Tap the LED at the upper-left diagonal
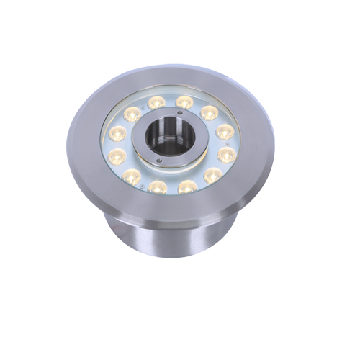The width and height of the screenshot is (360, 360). pyautogui.click(x=132, y=113)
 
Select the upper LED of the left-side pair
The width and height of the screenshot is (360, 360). pyautogui.click(x=117, y=133)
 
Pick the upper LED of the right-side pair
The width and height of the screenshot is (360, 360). pyautogui.click(x=225, y=132)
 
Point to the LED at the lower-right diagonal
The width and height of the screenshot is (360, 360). pyautogui.click(x=213, y=174)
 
